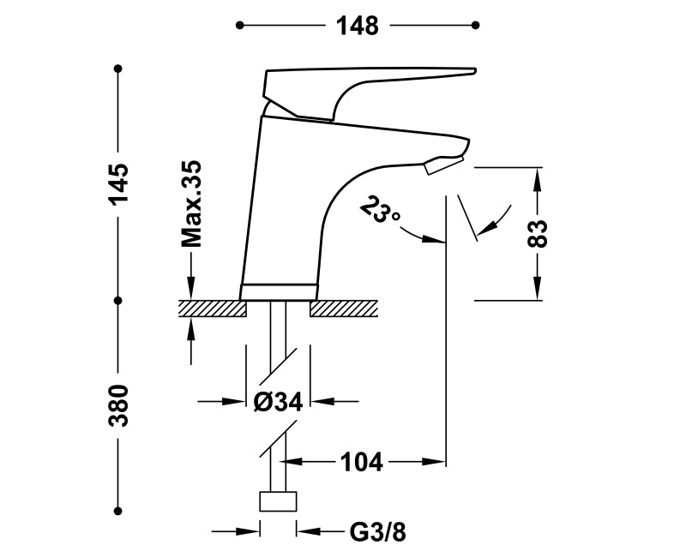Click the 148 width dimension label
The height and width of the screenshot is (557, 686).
tap(358, 27)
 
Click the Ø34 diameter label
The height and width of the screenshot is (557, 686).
tap(278, 401)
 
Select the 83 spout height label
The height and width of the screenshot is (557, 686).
tap(538, 233)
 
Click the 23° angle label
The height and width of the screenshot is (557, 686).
tap(381, 210)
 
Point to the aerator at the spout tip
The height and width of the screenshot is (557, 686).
tap(443, 163)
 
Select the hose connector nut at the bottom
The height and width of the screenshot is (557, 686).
tap(277, 500)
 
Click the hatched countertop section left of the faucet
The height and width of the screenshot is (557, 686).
tap(212, 308)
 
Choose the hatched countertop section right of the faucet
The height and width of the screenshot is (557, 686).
tap(343, 308)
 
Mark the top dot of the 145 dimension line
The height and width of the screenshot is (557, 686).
tap(118, 68)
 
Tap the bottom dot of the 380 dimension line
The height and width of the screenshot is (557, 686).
tap(118, 506)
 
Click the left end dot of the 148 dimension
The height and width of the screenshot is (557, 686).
tap(240, 26)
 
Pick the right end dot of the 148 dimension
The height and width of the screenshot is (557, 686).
tap(478, 26)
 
